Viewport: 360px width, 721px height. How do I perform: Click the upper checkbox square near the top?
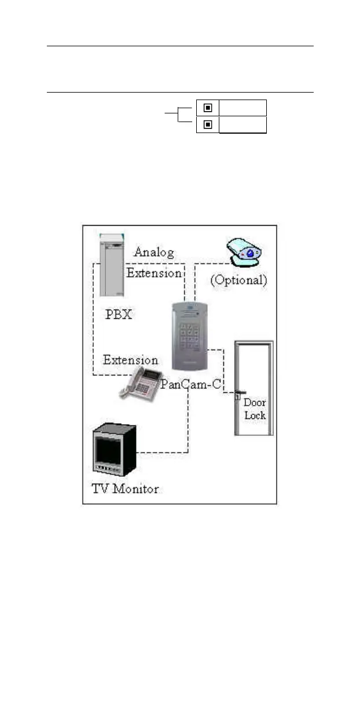207,108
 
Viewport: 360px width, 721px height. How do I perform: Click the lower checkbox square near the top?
207,124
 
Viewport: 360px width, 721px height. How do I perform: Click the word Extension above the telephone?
130,360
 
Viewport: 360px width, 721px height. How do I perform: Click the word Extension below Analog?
154,273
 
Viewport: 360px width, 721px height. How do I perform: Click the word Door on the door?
255,402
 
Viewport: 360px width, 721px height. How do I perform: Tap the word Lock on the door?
255,415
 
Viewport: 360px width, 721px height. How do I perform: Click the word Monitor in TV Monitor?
135,489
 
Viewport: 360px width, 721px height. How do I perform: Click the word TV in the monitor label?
100,489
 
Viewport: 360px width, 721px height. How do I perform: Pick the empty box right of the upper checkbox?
243,108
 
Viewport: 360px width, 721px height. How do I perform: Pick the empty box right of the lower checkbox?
243,124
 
